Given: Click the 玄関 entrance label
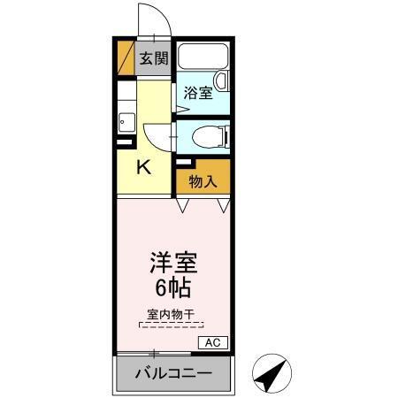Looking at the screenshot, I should click(x=153, y=59).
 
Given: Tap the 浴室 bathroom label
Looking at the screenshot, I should click(x=198, y=92).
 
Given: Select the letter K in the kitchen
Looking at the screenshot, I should click(x=142, y=165).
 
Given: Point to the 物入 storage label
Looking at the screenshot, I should click(x=203, y=182).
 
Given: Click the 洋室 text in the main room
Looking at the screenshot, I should click(x=172, y=263).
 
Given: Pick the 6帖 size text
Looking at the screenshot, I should click(x=172, y=288).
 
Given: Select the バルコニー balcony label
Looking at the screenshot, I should click(x=173, y=373).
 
